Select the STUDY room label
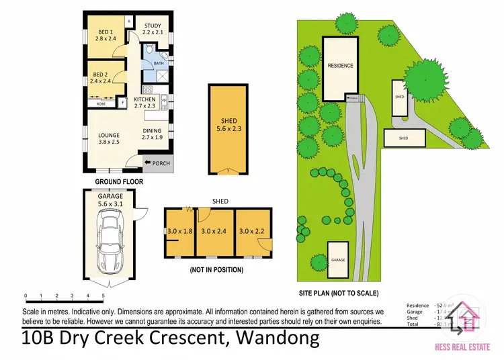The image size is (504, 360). click(x=153, y=29)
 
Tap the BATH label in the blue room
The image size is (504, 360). click(x=159, y=64)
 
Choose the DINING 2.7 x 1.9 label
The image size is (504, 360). click(x=153, y=134)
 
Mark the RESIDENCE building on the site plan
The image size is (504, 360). click(x=340, y=65)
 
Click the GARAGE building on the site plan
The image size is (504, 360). click(x=338, y=259)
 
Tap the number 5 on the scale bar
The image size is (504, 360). click(x=103, y=296)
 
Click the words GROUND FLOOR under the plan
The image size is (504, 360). click(x=118, y=181)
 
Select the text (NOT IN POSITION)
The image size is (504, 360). click(x=216, y=270)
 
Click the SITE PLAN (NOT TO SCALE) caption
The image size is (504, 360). click(x=339, y=293)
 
